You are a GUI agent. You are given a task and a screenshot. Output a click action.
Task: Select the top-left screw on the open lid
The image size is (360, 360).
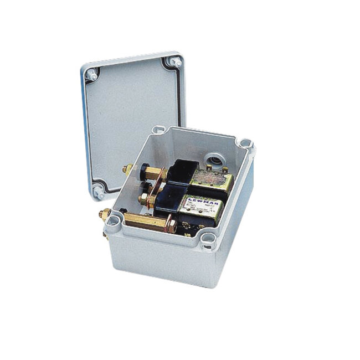[x=92, y=73]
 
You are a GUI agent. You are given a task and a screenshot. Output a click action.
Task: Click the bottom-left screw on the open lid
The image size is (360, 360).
[x=97, y=193]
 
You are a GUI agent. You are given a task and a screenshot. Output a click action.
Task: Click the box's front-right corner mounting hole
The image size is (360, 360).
[x=208, y=239]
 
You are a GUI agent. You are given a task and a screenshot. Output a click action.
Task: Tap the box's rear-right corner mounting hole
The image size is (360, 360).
[x=246, y=145]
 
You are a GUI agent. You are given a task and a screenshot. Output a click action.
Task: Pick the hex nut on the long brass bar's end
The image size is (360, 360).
[x=172, y=226]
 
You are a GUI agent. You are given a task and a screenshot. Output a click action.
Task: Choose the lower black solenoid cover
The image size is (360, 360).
[x=168, y=199]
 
